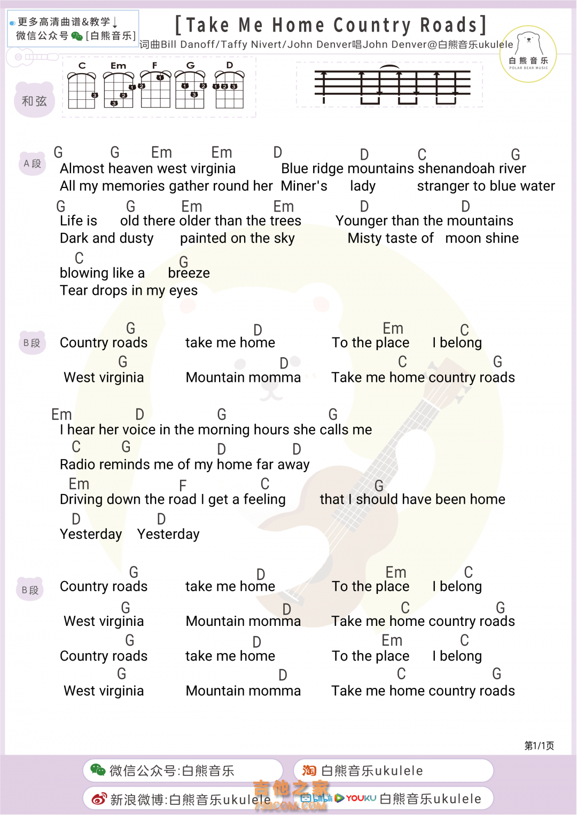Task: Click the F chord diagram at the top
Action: pyautogui.click(x=155, y=88)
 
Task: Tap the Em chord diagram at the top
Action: pyautogui.click(x=119, y=88)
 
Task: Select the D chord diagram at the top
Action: pyautogui.click(x=229, y=88)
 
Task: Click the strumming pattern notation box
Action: pyautogui.click(x=389, y=84)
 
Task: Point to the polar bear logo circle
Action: pyautogui.click(x=528, y=54)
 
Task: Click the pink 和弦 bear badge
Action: pyautogui.click(x=34, y=100)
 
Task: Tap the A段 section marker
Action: pyautogui.click(x=32, y=163)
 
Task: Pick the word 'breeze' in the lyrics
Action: pyautogui.click(x=189, y=273)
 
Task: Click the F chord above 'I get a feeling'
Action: pyautogui.click(x=183, y=485)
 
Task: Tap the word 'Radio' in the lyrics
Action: pyautogui.click(x=77, y=465)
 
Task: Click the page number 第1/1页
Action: pyautogui.click(x=539, y=746)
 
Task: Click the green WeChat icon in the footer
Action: pyautogui.click(x=98, y=770)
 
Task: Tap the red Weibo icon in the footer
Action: pyautogui.click(x=99, y=799)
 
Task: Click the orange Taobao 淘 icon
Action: pyautogui.click(x=309, y=770)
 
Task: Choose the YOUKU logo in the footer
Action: pyautogui.click(x=361, y=798)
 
